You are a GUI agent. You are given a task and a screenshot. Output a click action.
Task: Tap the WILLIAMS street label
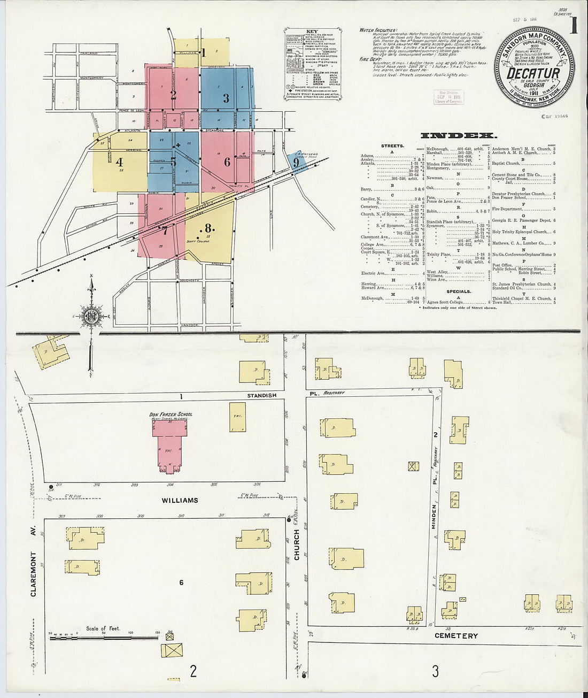click(180, 500)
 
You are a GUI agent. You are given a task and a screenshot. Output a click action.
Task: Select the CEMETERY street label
click(456, 635)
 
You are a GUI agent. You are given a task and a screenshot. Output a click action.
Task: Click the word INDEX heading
click(459, 135)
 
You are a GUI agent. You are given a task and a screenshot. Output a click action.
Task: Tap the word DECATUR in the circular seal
click(533, 73)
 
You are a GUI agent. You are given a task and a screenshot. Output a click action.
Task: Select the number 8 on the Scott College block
click(208, 227)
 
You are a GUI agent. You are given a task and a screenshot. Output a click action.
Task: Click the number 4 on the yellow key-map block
click(120, 162)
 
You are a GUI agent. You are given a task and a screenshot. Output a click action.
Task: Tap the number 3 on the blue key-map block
click(226, 98)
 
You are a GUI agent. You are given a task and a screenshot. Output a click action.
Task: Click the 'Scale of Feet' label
click(103, 628)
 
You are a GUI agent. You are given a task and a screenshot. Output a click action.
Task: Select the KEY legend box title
click(312, 32)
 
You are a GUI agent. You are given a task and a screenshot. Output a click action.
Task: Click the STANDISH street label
click(261, 395)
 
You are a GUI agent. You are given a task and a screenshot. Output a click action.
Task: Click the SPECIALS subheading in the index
click(459, 292)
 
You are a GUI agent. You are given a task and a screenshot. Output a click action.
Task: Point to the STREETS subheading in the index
click(392, 145)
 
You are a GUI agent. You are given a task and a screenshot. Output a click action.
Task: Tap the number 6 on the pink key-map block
click(227, 162)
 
